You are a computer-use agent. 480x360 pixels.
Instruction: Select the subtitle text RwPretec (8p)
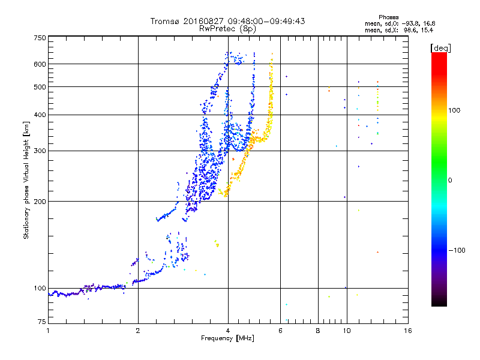[x=227, y=29]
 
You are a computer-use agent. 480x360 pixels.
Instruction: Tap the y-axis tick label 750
[x=40, y=38]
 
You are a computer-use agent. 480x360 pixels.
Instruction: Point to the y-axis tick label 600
[x=40, y=64]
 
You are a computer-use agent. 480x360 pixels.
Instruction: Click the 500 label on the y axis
[x=40, y=87]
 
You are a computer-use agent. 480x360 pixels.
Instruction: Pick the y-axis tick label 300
[x=40, y=151]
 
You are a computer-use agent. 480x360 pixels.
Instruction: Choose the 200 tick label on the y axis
[x=40, y=202]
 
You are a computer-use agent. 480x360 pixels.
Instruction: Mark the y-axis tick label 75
[x=42, y=322]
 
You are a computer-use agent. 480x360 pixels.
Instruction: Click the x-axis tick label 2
[x=138, y=331]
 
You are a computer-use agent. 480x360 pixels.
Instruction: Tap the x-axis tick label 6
[x=280, y=331]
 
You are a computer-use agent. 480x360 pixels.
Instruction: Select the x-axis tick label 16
[x=408, y=331]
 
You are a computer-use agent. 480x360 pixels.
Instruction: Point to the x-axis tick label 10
[x=347, y=331]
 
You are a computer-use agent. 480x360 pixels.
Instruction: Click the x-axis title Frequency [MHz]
[x=228, y=338]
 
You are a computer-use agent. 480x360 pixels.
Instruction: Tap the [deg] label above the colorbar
[x=440, y=49]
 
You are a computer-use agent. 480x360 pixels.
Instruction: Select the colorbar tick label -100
[x=457, y=250]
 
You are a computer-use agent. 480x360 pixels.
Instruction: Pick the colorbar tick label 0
[x=450, y=181]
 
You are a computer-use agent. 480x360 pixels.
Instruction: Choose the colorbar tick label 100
[x=454, y=110]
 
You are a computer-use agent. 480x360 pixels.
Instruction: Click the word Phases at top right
[x=388, y=17]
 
